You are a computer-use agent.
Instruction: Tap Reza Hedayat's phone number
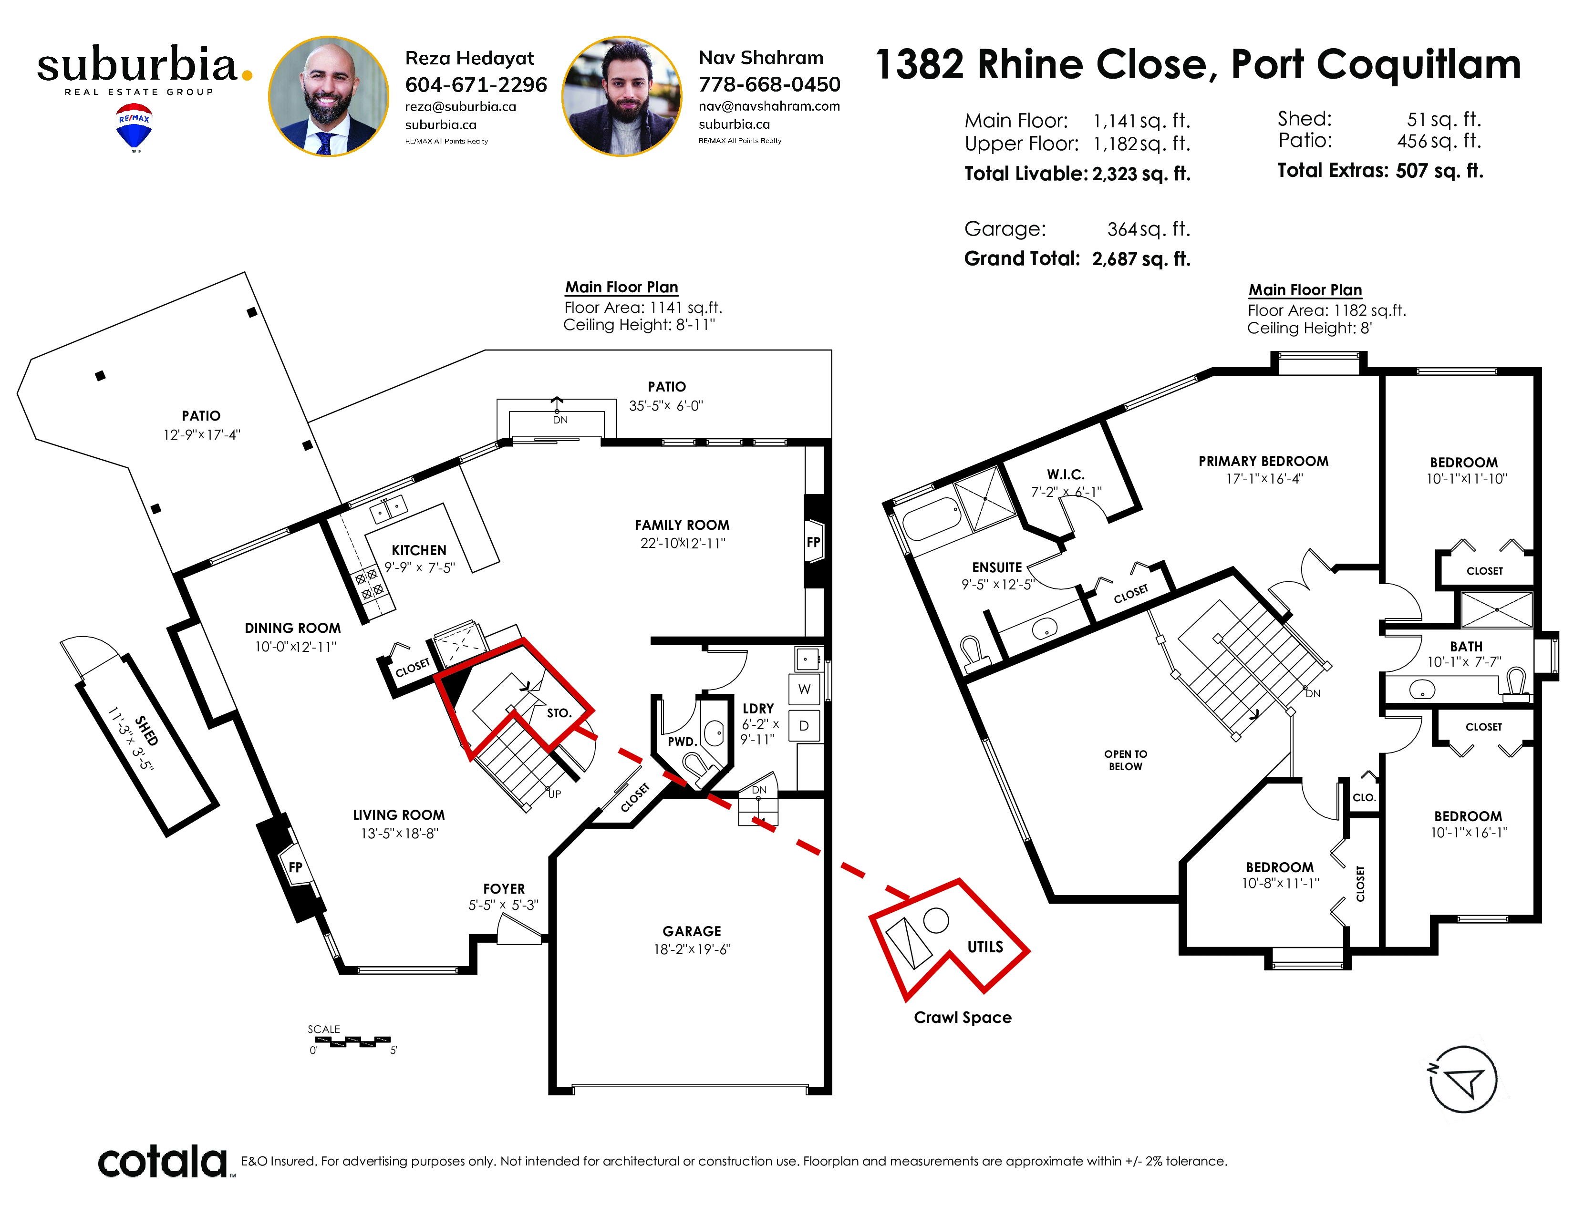click(476, 85)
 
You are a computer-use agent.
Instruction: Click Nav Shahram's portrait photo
click(622, 96)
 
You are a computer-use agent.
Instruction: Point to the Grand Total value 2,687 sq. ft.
click(1141, 258)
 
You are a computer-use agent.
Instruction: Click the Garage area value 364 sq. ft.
click(1148, 229)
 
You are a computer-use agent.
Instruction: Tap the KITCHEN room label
click(419, 550)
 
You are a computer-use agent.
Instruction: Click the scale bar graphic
click(353, 1041)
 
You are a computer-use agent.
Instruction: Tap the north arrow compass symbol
click(1463, 1080)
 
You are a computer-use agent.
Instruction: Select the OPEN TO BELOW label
click(1126, 760)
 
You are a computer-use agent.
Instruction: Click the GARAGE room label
click(692, 931)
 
